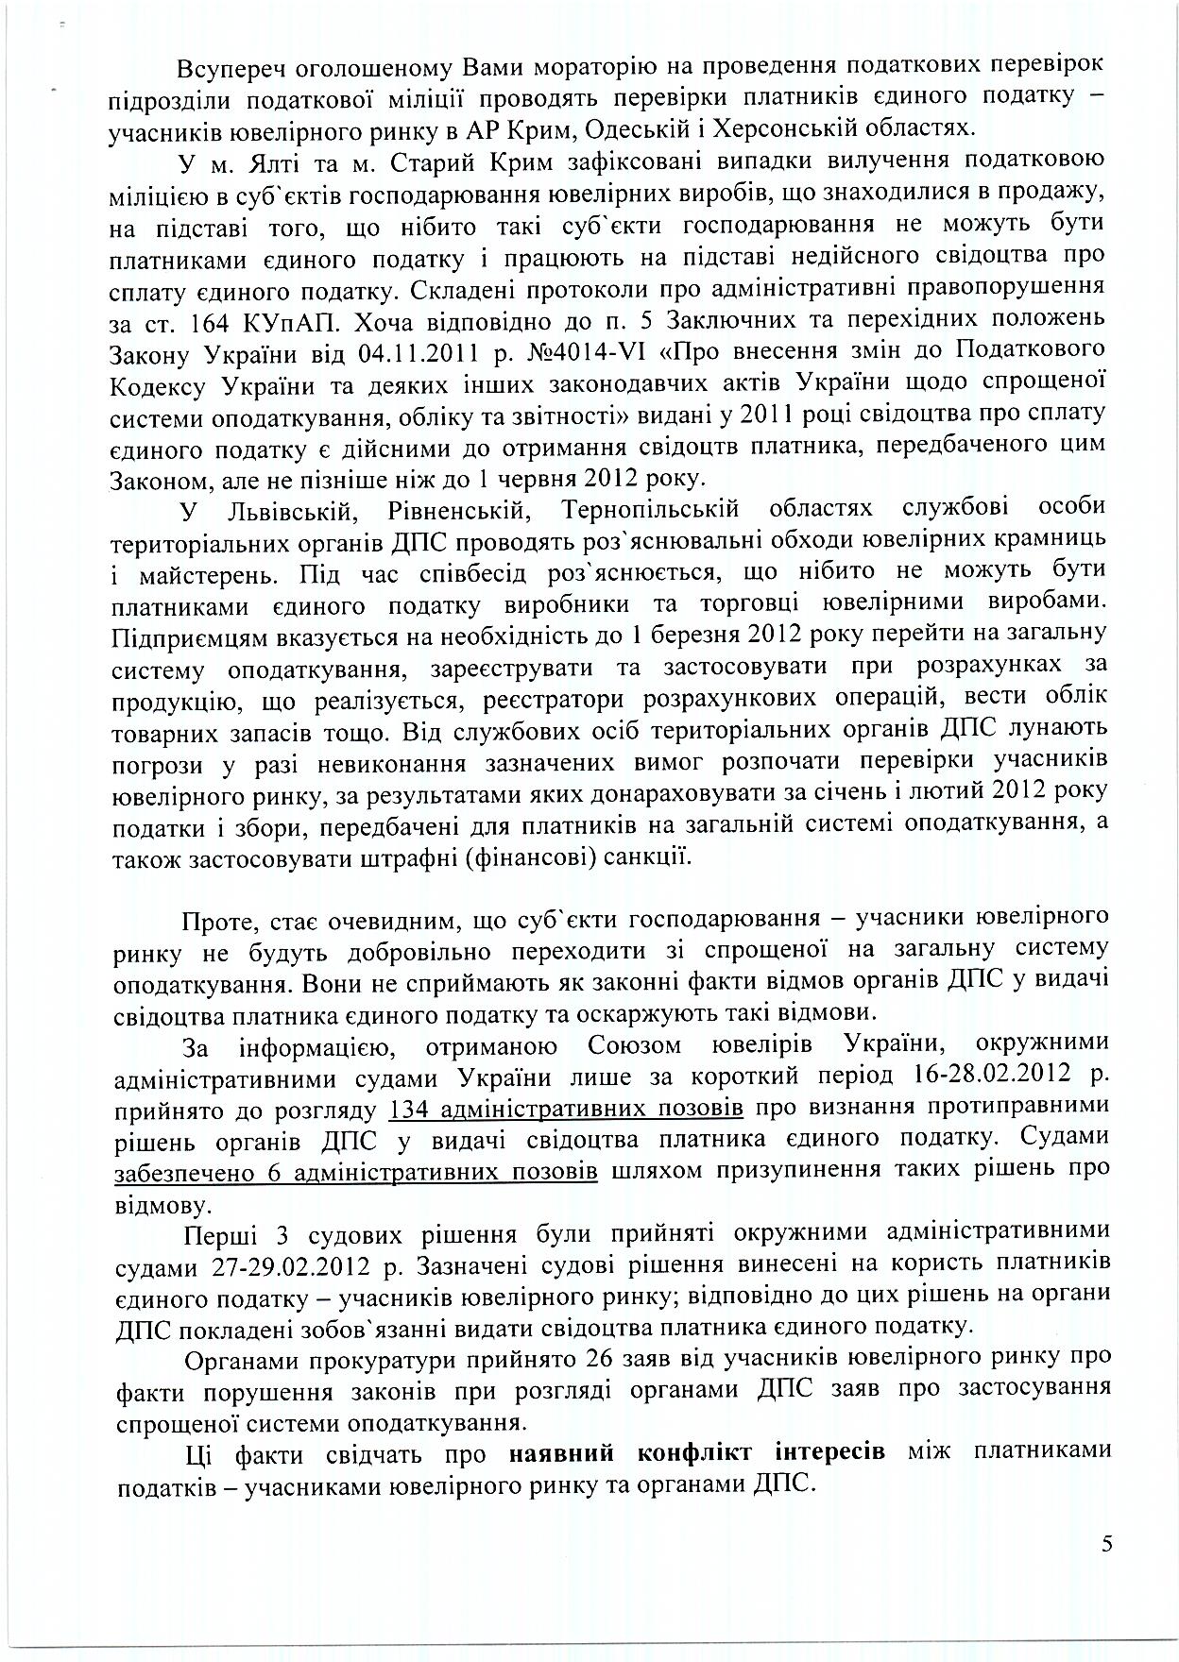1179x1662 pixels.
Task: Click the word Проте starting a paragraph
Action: (214, 919)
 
